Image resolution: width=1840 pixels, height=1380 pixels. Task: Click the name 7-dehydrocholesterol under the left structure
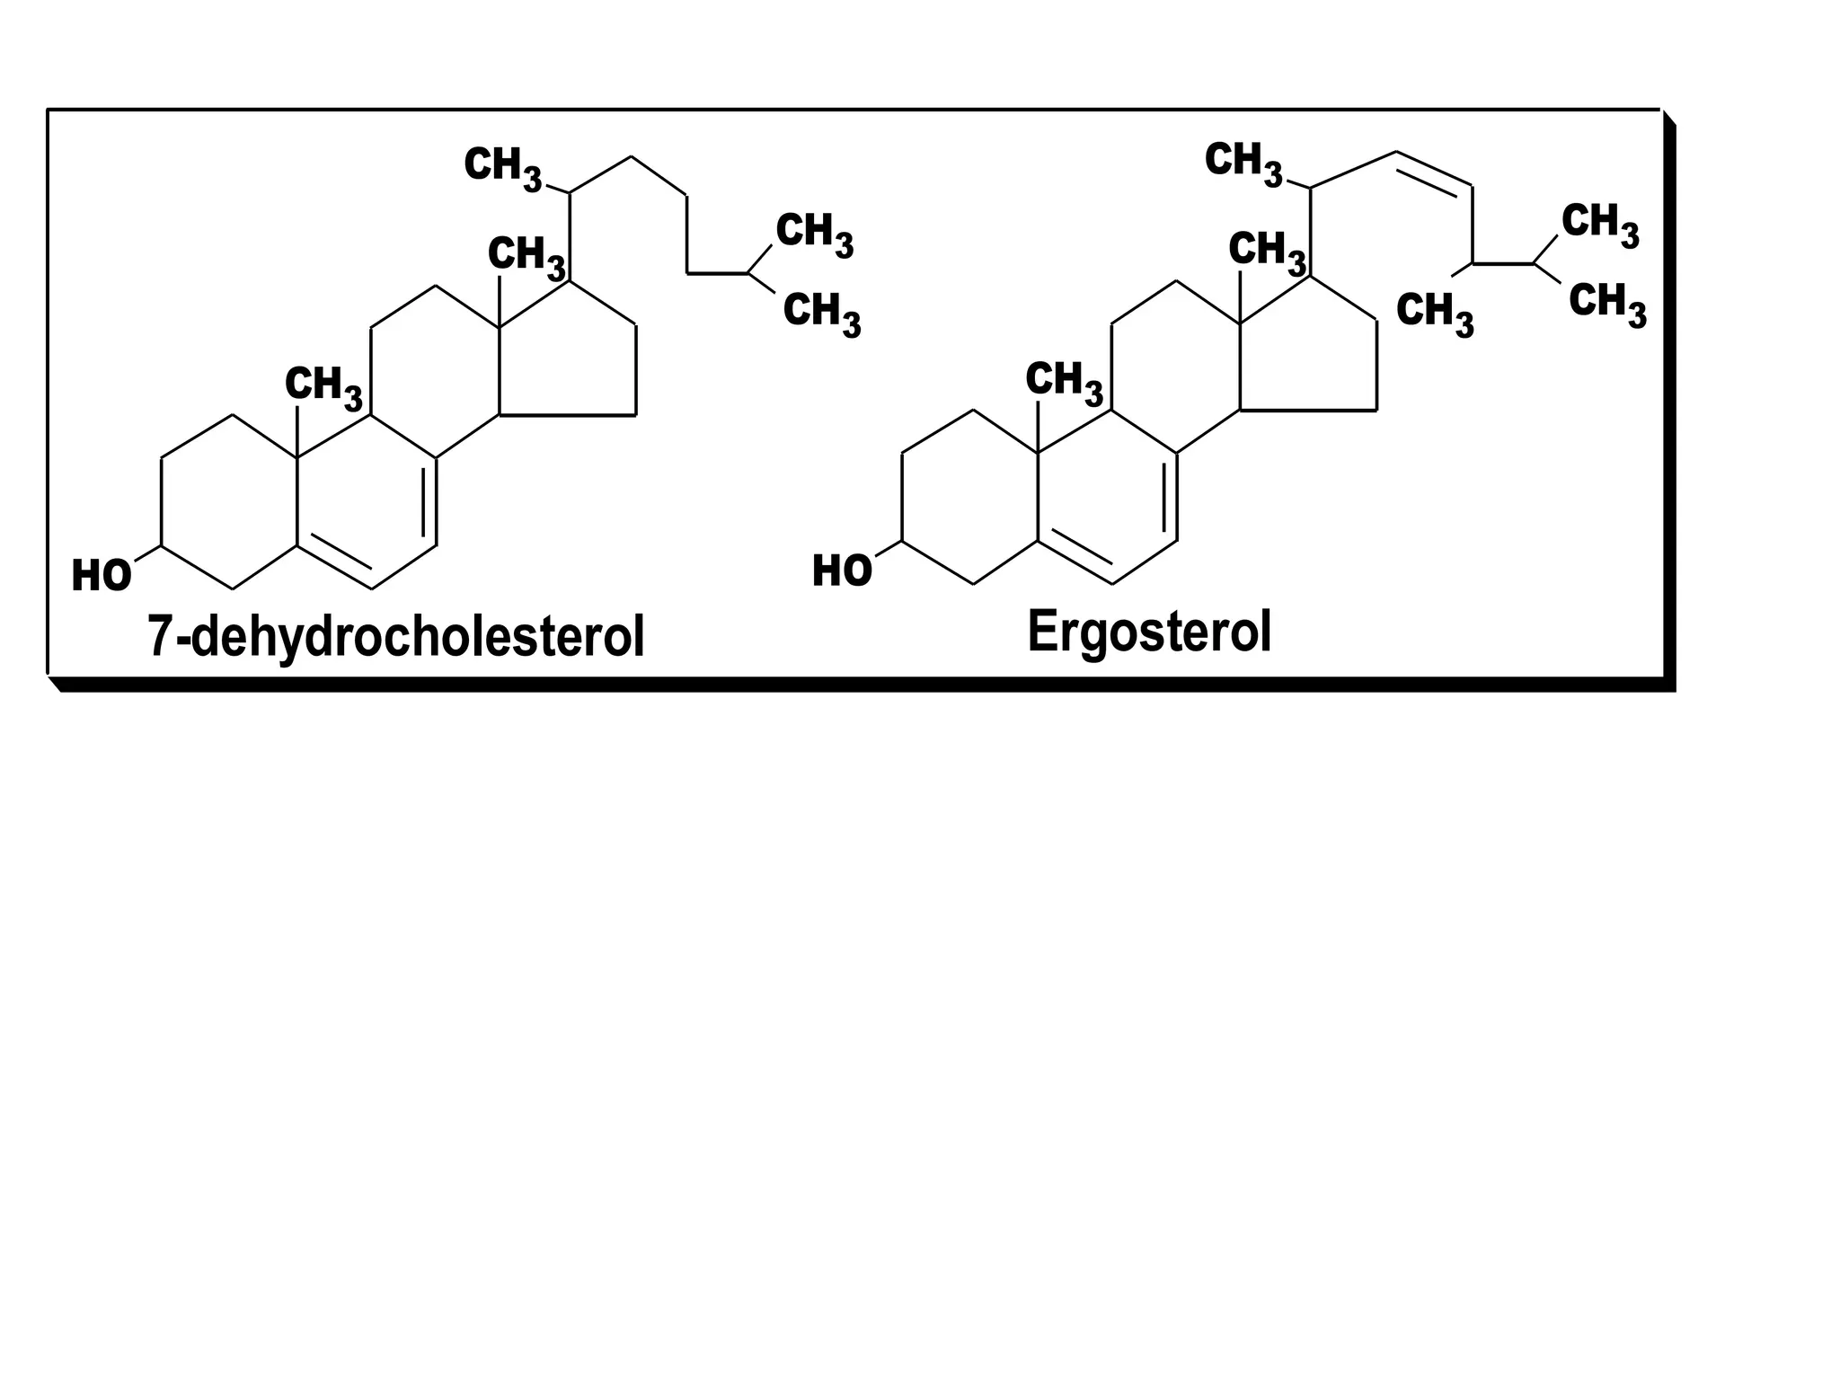pyautogui.click(x=396, y=637)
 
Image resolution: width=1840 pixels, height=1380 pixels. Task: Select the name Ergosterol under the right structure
pyautogui.click(x=1149, y=632)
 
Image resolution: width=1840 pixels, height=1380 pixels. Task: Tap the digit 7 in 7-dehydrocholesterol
pyautogui.click(x=159, y=637)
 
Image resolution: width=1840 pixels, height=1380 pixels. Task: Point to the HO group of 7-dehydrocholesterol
pyautogui.click(x=102, y=576)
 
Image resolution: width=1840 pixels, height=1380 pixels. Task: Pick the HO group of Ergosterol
pyautogui.click(x=842, y=571)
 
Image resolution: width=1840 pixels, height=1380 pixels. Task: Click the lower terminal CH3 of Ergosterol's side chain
pyautogui.click(x=1607, y=303)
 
